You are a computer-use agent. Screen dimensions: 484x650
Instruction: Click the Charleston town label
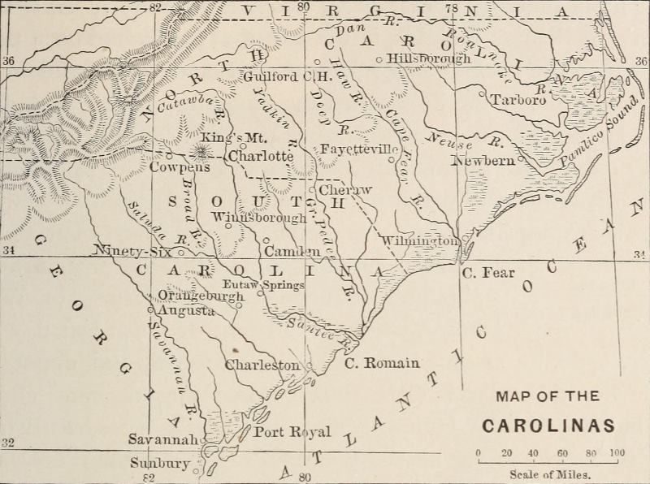pos(262,365)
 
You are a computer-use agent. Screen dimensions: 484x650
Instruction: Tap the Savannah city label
pos(163,439)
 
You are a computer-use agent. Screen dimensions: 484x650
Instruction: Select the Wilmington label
pos(420,241)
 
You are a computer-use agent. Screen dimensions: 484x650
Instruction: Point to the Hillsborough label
pos(429,58)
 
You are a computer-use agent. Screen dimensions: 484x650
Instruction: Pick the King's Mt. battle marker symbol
pos(199,151)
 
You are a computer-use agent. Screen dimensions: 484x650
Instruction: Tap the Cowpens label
pos(180,166)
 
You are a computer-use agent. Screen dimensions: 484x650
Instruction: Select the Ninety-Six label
pos(130,250)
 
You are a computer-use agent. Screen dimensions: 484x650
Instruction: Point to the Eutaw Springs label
pos(264,285)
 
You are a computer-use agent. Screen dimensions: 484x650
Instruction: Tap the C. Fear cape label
pos(488,273)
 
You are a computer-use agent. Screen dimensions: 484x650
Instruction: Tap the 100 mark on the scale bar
pos(617,453)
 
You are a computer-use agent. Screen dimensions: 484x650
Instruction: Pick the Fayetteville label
pos(359,150)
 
